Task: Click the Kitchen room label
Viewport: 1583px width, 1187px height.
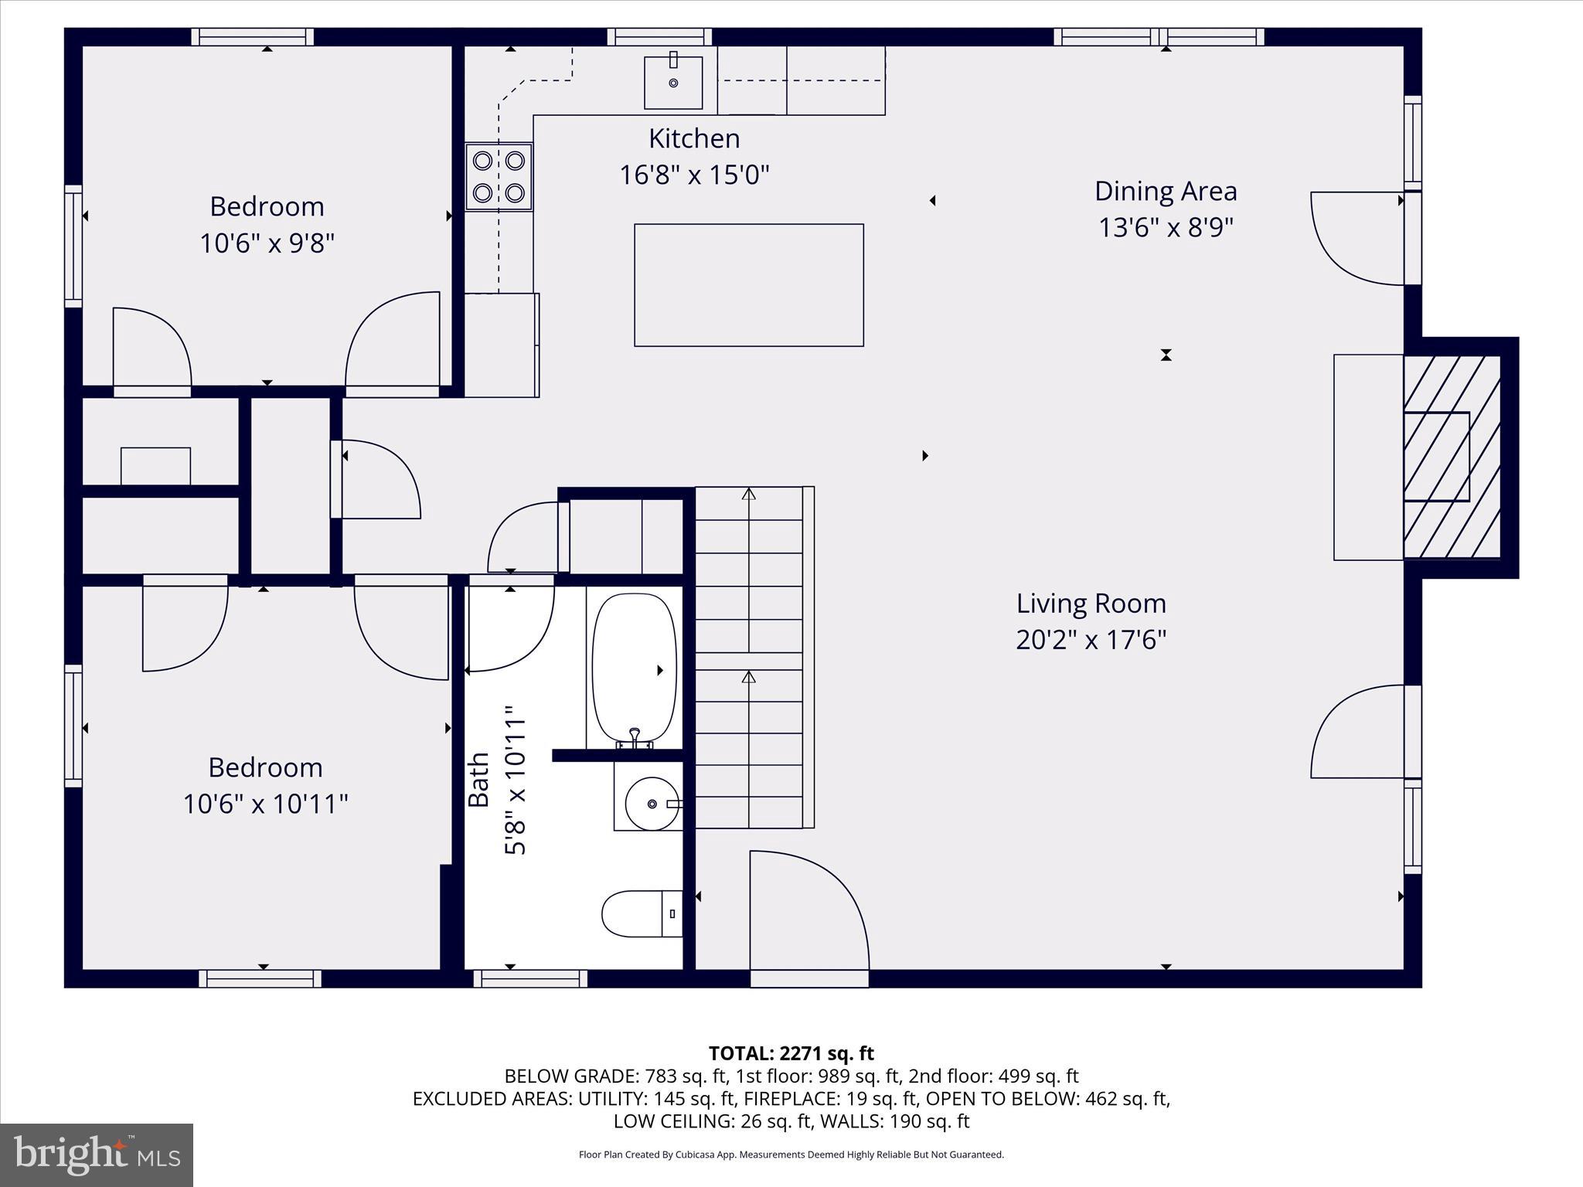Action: point(694,138)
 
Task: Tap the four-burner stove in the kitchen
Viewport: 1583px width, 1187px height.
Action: point(499,176)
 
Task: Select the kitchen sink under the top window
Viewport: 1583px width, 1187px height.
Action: point(673,82)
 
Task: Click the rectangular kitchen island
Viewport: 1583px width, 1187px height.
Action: point(748,285)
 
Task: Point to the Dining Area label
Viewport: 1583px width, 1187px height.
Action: point(1165,191)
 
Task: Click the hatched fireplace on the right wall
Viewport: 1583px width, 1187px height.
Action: point(1451,457)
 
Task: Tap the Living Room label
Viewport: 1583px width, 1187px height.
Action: point(1091,603)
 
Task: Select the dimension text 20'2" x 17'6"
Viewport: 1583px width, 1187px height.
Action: point(1091,640)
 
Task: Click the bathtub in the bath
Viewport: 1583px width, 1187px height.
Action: point(634,669)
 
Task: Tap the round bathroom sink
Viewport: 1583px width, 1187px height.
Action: point(652,804)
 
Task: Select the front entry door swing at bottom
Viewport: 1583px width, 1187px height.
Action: point(808,912)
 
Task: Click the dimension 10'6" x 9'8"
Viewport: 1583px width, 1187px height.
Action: point(267,243)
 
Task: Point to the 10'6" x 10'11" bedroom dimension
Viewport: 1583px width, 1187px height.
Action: point(265,804)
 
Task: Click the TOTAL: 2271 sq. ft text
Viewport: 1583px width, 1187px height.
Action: point(791,1053)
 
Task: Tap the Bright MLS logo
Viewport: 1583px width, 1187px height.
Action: point(97,1155)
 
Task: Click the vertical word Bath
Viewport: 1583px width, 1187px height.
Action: point(479,780)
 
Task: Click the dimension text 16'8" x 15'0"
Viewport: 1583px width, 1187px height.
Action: point(694,175)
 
